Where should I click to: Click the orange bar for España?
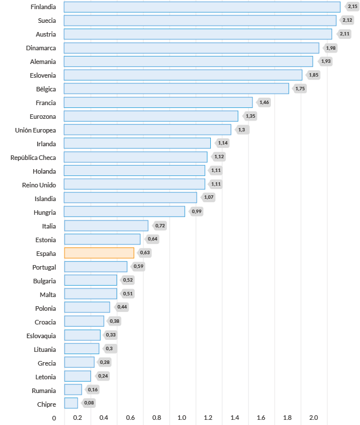pos(99,253)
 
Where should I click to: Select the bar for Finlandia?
pos(202,7)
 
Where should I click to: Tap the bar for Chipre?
pos(71,403)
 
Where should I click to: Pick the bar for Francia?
pos(158,102)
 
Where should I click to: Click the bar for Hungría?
pos(124,212)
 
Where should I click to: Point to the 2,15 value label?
pos(353,7)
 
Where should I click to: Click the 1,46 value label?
pos(264,102)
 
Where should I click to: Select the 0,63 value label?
pos(145,253)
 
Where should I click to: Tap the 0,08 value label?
pos(89,403)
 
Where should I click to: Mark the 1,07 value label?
pos(209,198)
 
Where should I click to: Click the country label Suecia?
pos(43,21)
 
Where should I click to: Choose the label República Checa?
pos(33,157)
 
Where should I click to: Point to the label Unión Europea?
pos(35,130)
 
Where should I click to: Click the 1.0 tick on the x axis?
pos(182,418)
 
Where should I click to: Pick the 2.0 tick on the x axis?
pos(314,418)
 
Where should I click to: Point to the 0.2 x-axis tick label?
pos(77,418)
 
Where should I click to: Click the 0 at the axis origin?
pos(54,418)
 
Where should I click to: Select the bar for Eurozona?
pos(151,116)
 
